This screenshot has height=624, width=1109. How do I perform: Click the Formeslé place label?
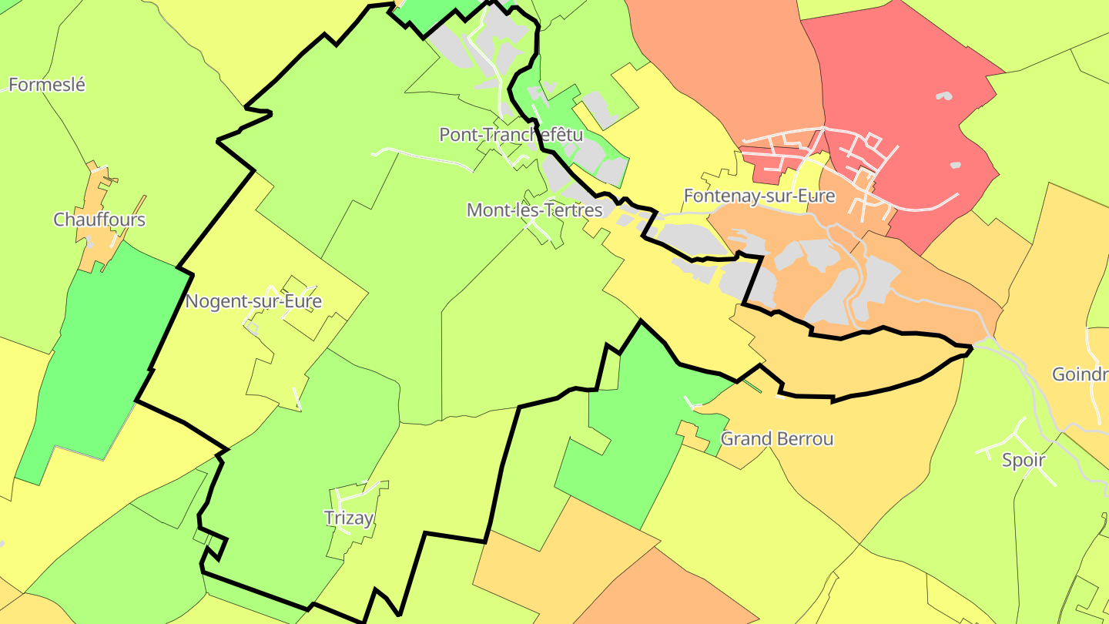point(47,85)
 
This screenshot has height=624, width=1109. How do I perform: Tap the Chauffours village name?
point(99,220)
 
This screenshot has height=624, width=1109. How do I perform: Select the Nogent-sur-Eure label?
point(253,301)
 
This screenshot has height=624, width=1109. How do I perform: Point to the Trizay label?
point(349,518)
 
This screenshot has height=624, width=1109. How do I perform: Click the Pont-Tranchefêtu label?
point(511,135)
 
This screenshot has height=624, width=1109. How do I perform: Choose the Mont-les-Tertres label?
point(534,210)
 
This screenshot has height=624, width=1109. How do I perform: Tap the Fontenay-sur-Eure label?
point(759,196)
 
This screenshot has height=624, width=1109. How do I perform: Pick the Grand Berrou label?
point(776,439)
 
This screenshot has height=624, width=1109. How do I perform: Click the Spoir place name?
point(1024,461)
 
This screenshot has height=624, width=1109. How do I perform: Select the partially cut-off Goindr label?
point(1080,374)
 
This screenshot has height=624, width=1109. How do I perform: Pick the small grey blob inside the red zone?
point(943,97)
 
